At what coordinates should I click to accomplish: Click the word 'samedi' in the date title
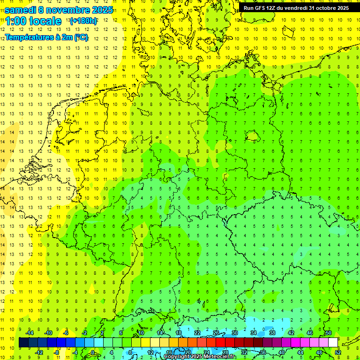[x=20, y=10]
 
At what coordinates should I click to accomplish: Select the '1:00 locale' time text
[x=33, y=21]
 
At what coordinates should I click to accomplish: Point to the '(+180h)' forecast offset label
[x=83, y=21]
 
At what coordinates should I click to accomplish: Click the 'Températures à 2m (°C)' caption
[x=46, y=37]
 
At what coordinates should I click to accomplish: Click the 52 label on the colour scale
[x=338, y=352]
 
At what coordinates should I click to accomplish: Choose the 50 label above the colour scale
[x=328, y=333]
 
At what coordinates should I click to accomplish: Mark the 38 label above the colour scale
[x=272, y=333]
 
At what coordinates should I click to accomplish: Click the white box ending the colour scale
[x=333, y=343]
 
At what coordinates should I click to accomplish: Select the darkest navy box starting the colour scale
[x=24, y=343]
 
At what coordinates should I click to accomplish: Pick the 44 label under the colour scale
[x=300, y=352]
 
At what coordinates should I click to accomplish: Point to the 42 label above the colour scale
[x=291, y=333]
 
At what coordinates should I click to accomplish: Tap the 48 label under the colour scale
[x=319, y=352]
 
